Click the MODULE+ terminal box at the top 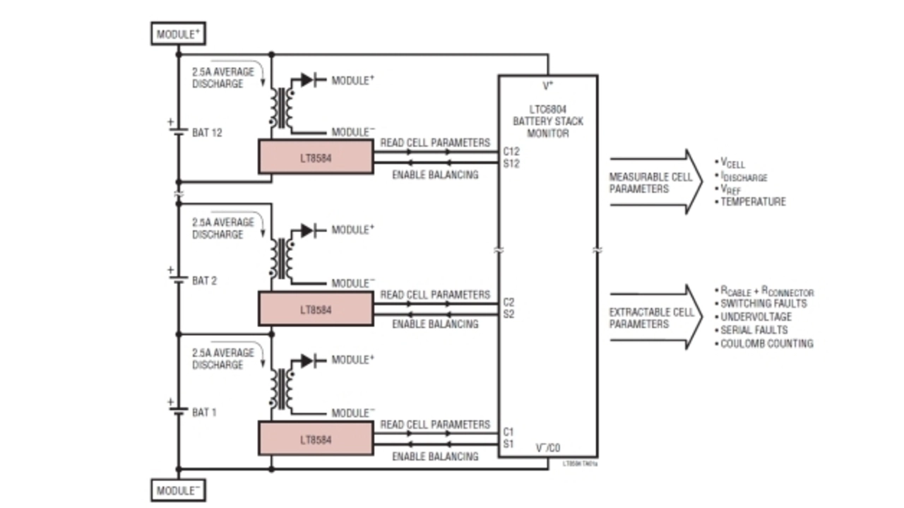click(x=177, y=33)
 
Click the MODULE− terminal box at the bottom click(x=177, y=490)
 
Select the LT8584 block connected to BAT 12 click(x=315, y=157)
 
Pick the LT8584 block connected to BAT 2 click(x=315, y=309)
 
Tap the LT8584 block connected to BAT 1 click(x=315, y=439)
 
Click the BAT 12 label click(x=207, y=132)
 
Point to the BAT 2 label click(x=205, y=280)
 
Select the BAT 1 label click(x=205, y=412)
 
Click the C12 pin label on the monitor click(x=511, y=151)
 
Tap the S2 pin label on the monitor click(x=509, y=314)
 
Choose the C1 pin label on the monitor click(x=509, y=431)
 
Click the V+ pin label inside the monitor click(x=547, y=86)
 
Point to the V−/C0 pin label click(x=547, y=447)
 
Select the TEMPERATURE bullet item click(x=752, y=202)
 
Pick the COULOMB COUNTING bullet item click(x=766, y=343)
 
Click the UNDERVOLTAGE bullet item click(x=756, y=317)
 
